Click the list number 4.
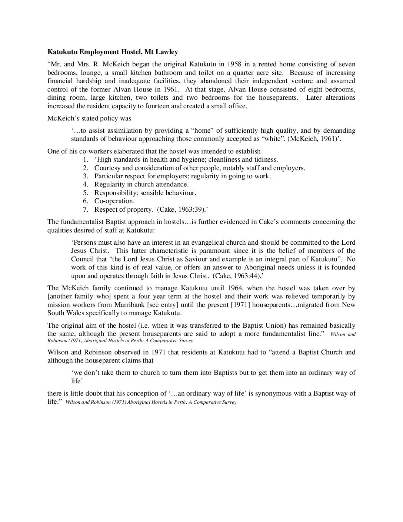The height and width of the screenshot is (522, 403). point(86,184)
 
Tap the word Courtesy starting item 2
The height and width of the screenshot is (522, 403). point(107,168)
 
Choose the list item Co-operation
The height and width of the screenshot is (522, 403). point(114,201)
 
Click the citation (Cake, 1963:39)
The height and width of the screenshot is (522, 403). point(182,209)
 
